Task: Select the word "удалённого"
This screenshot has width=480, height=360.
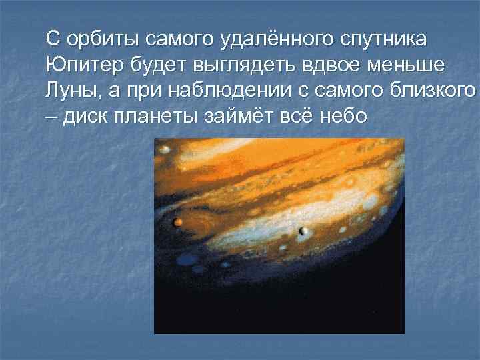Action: [273, 39]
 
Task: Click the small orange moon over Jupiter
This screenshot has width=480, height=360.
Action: [177, 221]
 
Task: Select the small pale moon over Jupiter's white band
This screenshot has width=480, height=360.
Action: [304, 231]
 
